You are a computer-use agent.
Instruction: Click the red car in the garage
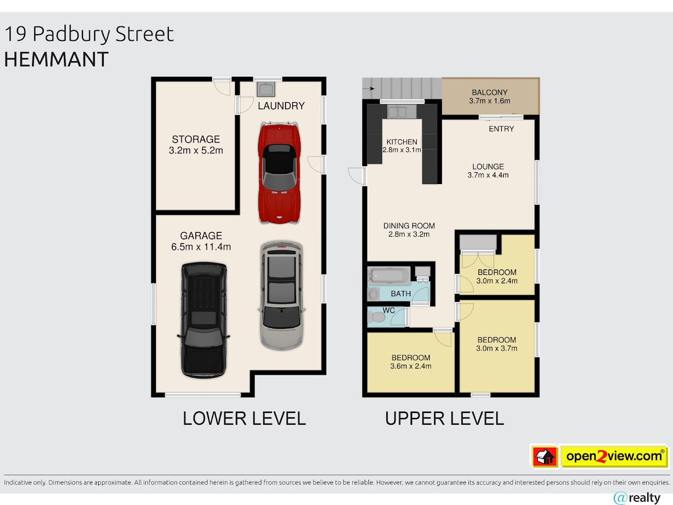(279, 173)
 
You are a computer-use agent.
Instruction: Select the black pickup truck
(204, 320)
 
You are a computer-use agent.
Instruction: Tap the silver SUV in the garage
(282, 296)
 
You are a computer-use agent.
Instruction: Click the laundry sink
(266, 89)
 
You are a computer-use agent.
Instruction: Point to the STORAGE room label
(196, 140)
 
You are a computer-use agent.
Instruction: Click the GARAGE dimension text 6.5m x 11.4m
(201, 247)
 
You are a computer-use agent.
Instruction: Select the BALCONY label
(490, 92)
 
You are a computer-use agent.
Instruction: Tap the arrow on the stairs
(368, 89)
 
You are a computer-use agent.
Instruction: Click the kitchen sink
(398, 112)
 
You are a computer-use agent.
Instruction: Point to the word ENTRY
(501, 129)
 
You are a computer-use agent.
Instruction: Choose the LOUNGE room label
(488, 167)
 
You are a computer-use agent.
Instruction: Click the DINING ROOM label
(409, 226)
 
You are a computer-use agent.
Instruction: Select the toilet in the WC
(376, 317)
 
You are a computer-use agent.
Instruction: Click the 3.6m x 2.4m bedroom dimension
(411, 366)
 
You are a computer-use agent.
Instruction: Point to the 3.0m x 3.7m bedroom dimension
(497, 348)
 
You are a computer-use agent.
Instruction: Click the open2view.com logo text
(614, 457)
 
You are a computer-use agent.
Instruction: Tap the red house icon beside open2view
(545, 457)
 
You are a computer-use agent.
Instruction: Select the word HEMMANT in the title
(57, 59)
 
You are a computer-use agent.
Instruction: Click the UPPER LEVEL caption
(444, 419)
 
